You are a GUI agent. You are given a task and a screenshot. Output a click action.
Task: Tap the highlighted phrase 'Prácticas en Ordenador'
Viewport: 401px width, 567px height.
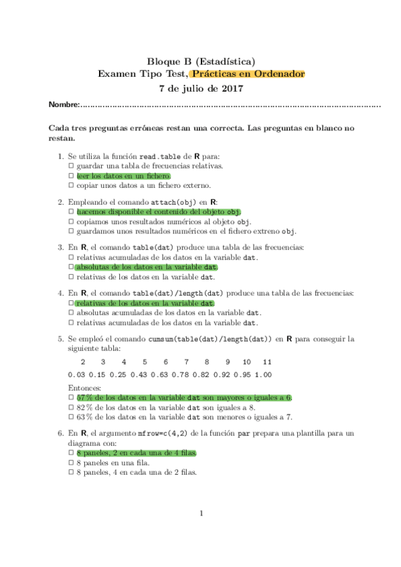[x=247, y=74]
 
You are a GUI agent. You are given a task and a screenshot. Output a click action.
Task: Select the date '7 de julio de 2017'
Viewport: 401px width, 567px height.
[x=200, y=88]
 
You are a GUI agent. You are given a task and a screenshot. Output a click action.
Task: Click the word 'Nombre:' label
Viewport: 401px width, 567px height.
[x=64, y=105]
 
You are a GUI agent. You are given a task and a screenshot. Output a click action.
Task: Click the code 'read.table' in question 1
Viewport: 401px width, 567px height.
[x=167, y=156]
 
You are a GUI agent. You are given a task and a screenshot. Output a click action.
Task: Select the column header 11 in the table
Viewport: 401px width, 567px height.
[x=267, y=361]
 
